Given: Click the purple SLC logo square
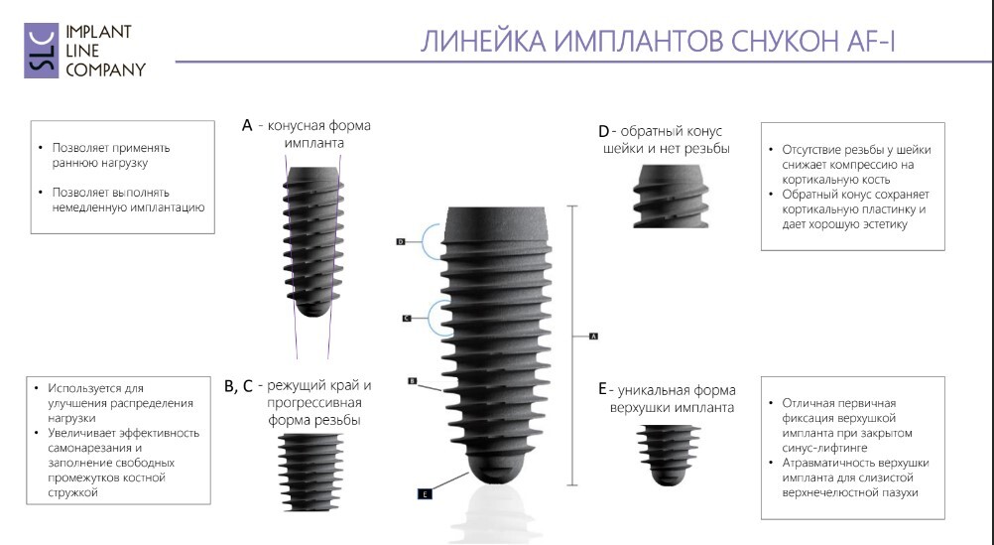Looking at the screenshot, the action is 42,51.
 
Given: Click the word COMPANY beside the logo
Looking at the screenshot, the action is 106,69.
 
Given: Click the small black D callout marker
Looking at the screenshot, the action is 401,242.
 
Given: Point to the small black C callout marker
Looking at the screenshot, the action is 407,318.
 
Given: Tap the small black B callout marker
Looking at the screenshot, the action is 413,380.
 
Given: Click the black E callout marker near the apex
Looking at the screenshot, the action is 425,493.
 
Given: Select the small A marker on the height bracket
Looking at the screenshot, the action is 593,336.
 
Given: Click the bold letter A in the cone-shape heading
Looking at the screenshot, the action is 247,126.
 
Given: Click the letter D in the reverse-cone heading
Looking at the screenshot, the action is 603,131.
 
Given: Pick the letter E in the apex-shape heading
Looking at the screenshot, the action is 602,389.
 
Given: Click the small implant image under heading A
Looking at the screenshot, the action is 313,242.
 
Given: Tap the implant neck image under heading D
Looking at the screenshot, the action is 671,196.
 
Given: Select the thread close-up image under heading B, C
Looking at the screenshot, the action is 311,473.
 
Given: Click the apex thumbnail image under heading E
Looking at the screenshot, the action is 669,456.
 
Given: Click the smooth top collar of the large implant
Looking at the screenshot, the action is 496,225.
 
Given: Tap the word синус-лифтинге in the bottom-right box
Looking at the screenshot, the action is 824,448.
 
